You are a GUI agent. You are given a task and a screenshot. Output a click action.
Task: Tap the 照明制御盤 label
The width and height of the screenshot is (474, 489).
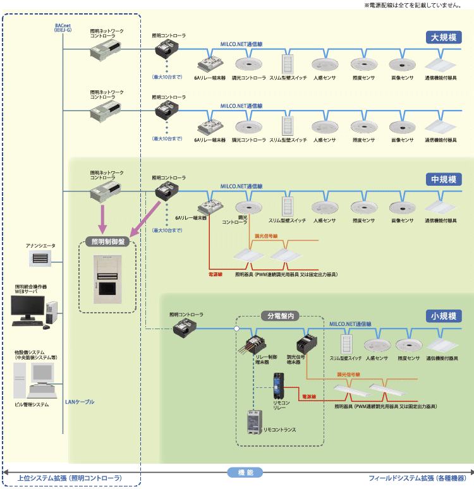click(x=107, y=241)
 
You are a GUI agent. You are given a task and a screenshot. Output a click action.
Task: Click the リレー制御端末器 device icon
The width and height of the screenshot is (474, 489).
click(x=255, y=345)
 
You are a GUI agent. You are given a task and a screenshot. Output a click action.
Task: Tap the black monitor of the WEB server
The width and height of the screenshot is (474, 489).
click(x=27, y=308)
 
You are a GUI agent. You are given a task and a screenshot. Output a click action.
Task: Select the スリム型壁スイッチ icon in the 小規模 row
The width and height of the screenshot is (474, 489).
click(x=346, y=344)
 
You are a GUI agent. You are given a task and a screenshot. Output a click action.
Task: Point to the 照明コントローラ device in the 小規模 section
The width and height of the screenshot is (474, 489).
click(x=185, y=326)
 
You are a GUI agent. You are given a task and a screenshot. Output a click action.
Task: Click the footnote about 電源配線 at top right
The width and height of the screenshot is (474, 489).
click(x=418, y=5)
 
